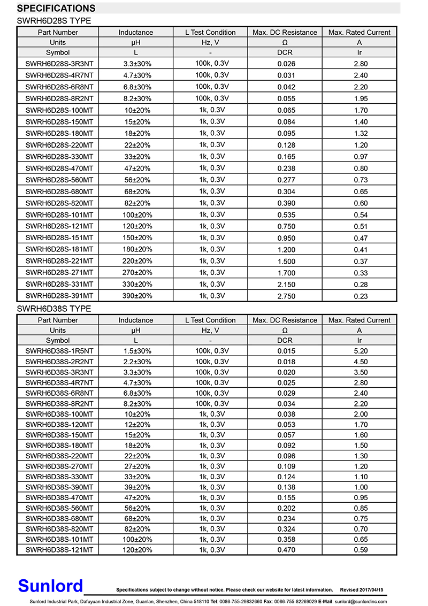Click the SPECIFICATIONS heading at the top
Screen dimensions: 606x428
[56, 9]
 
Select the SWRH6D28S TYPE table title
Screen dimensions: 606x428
[54, 21]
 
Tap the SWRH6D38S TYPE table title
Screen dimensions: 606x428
[54, 309]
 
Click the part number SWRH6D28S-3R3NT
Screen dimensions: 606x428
[59, 64]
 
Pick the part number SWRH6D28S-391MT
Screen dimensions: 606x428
[59, 296]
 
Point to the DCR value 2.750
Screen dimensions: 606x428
[286, 296]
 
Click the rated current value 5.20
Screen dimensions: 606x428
[361, 351]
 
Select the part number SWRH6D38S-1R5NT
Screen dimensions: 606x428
[59, 351]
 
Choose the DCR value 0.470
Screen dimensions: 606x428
[286, 550]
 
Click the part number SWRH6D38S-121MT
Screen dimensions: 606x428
[59, 550]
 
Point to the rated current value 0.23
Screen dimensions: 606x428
[361, 296]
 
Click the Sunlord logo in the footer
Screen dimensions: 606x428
[50, 586]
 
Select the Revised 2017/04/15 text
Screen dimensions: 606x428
[362, 590]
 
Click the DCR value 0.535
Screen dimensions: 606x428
[286, 215]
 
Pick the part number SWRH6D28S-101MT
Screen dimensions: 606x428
[59, 215]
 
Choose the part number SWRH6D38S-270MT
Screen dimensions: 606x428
[59, 466]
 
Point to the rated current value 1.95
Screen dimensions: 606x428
[361, 98]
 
